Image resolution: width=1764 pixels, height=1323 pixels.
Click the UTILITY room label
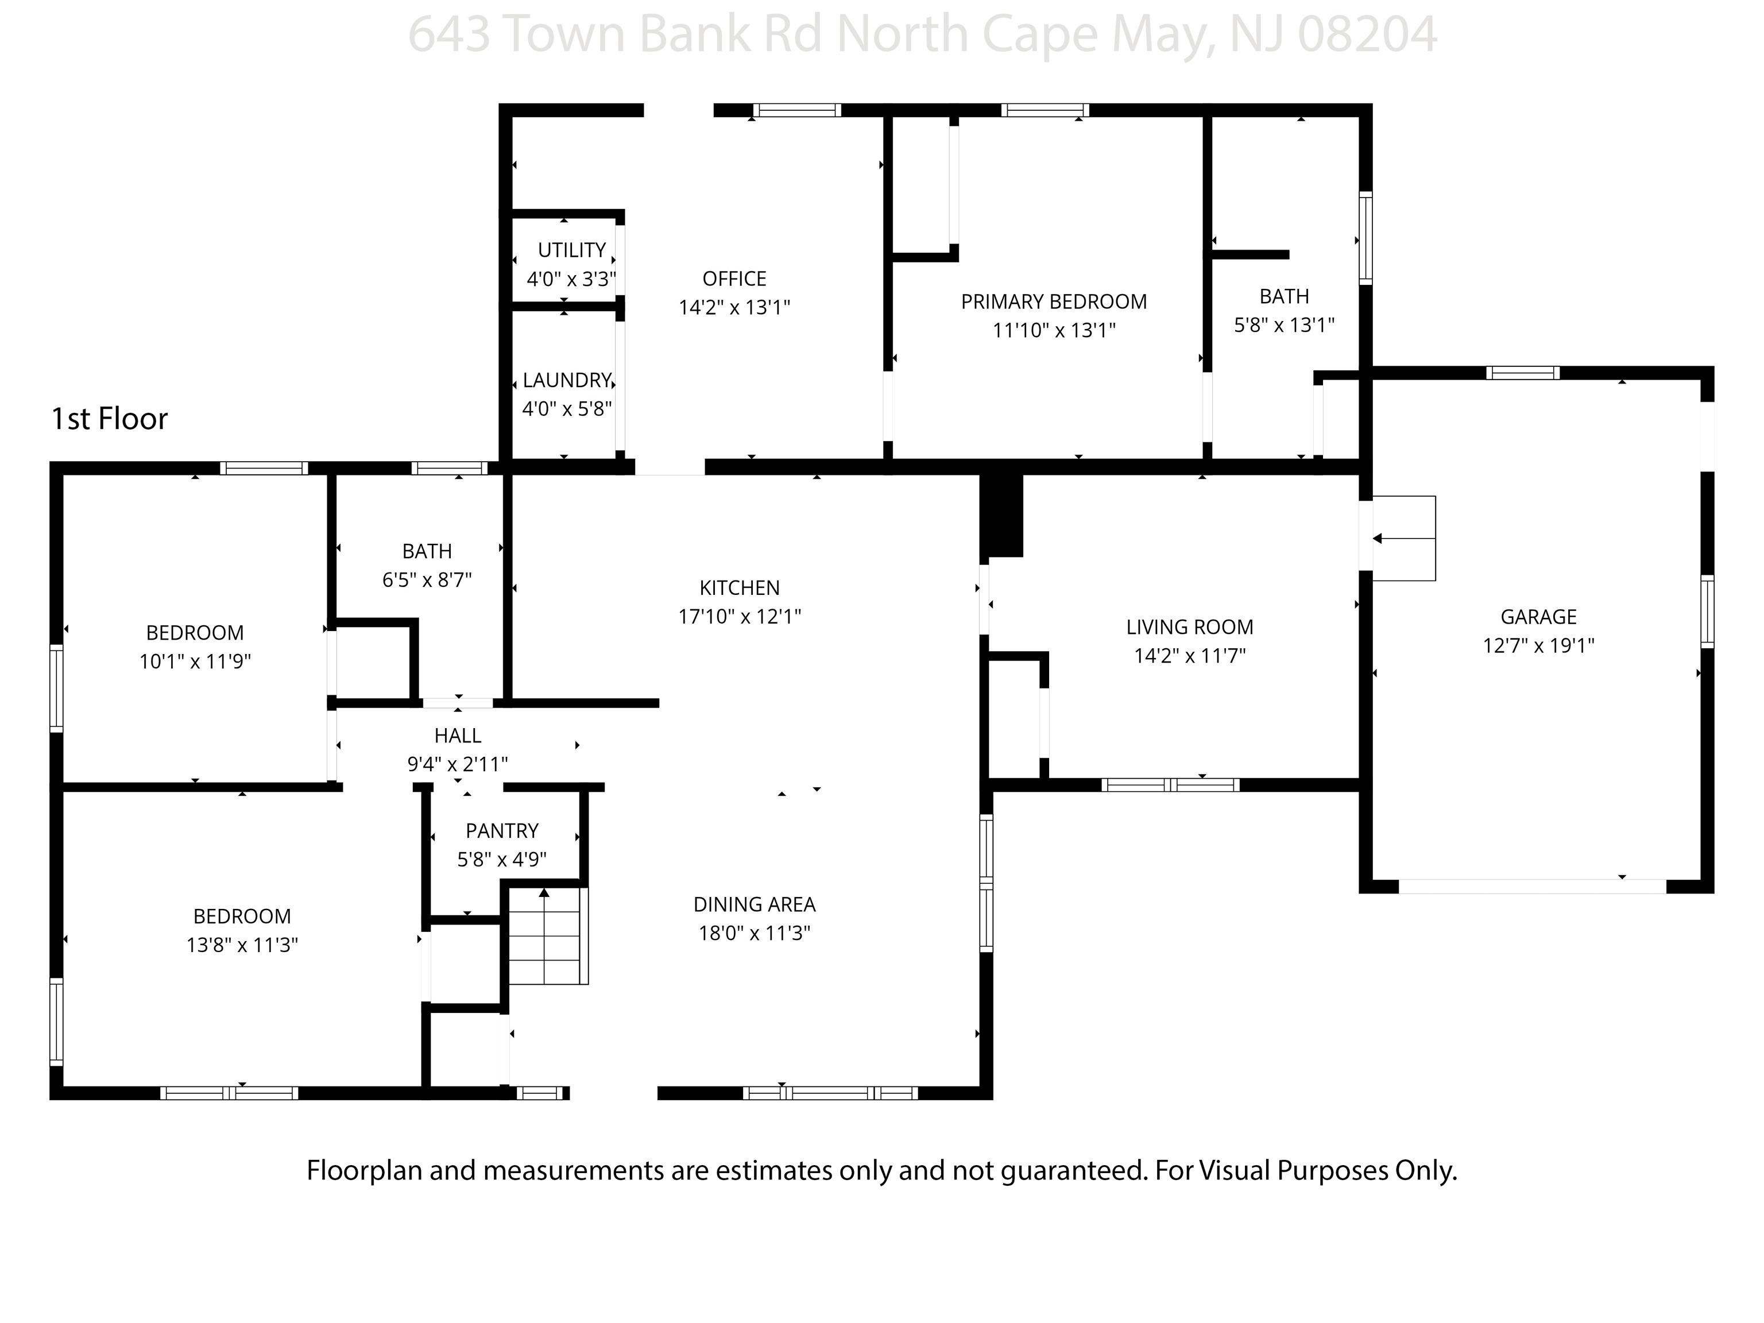point(572,250)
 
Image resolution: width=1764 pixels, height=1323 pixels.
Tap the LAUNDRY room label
point(567,380)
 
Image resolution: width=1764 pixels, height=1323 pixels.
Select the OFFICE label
point(734,279)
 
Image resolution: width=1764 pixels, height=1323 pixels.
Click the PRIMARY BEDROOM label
point(1054,302)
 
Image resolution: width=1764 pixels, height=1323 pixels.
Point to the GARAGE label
point(1538,617)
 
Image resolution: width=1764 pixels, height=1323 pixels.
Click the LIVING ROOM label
point(1190,628)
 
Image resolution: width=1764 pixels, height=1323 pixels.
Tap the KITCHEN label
point(739,589)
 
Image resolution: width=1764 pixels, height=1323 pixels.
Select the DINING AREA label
point(755,905)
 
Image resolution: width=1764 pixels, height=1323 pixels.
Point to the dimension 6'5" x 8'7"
point(427,581)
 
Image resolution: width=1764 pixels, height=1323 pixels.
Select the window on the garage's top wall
point(1522,373)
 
